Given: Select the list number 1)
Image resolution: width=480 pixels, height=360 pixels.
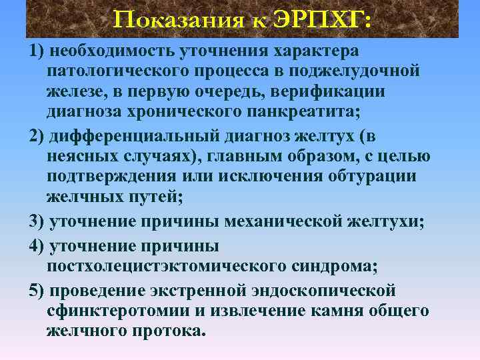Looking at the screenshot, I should pos(38,51).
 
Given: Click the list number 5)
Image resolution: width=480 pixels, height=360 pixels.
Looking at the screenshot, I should pos(38,291).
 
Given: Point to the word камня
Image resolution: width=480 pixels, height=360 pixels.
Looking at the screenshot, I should pos(329,311).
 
